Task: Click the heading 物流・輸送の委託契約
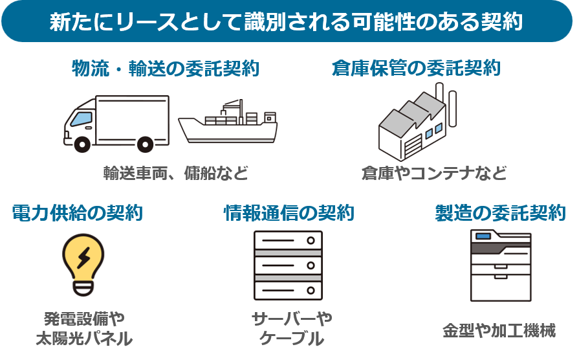tap(166, 69)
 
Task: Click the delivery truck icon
tap(116, 123)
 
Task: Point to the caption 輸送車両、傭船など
tap(175, 174)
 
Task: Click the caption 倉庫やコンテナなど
tap(433, 174)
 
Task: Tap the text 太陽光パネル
tap(83, 338)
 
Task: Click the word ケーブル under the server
tap(291, 338)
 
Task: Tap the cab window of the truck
tap(80, 119)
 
